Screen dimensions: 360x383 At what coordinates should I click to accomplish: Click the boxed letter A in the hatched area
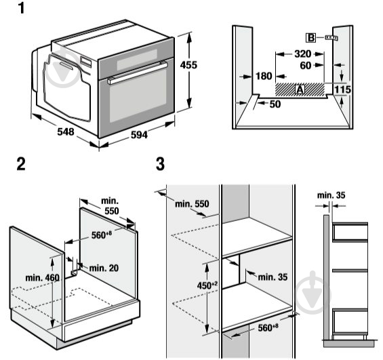(299, 89)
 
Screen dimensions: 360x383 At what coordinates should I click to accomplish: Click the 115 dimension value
(343, 89)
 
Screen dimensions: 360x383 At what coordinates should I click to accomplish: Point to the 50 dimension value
(275, 104)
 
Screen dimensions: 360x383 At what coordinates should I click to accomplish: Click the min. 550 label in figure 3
(191, 203)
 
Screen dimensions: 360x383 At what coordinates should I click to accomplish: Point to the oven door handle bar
(136, 72)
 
